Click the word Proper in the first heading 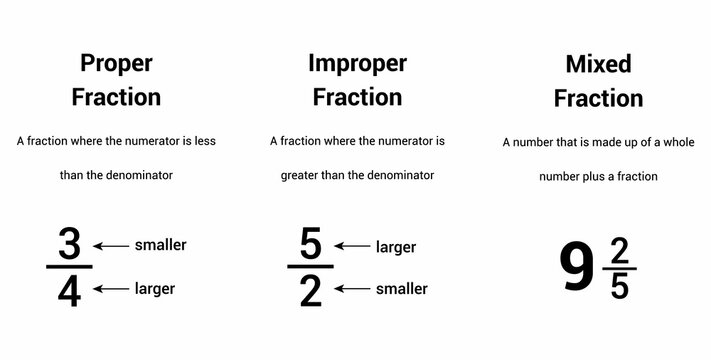(x=116, y=64)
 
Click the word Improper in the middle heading (x=357, y=64)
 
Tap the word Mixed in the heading (x=599, y=64)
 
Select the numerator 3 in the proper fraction (x=69, y=245)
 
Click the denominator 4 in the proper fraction (x=69, y=290)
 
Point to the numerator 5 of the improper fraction (x=310, y=245)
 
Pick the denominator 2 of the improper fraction (x=310, y=290)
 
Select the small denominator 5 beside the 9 (x=620, y=286)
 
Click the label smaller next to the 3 (x=160, y=245)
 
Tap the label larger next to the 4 (x=155, y=289)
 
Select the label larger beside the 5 (x=396, y=247)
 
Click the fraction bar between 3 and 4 (x=69, y=267)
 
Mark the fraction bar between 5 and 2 (x=310, y=267)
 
